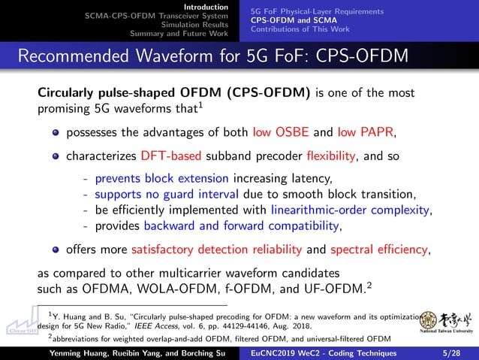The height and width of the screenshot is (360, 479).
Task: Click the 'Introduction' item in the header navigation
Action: [x=206, y=7]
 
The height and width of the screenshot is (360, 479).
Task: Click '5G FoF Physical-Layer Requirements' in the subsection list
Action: [x=316, y=11]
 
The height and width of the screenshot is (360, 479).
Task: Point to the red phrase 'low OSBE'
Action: [x=279, y=133]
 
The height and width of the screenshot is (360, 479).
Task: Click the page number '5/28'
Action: [x=452, y=352]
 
